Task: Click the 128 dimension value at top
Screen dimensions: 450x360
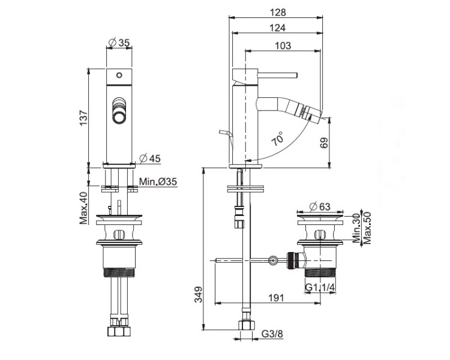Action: coord(278,13)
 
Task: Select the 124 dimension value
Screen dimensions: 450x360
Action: coord(278,28)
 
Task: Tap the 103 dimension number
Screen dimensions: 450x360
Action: coord(283,46)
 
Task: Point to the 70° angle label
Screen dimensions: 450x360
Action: coord(278,139)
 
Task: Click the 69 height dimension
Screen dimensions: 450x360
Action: coord(324,143)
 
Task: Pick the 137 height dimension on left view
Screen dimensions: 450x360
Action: coord(83,118)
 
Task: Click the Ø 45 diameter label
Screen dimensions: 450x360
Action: coord(150,158)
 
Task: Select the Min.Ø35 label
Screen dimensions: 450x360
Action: coord(158,181)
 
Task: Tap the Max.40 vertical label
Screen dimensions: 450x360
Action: coord(83,208)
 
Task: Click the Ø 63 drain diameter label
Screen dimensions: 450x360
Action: coord(320,206)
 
